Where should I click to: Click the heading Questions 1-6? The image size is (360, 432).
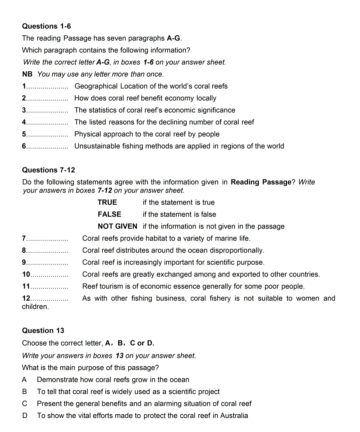coord(46,26)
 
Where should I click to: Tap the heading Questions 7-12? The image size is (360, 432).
coord(48,170)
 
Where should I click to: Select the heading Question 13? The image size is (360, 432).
coord(43,331)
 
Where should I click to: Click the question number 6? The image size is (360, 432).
coord(24,146)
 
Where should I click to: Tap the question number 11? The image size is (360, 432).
coord(26,286)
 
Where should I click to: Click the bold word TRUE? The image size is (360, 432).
coord(107,202)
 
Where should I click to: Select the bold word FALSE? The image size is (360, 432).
coord(109,214)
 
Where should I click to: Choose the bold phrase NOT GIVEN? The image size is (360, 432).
coord(117,227)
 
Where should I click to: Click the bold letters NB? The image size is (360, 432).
coord(27,74)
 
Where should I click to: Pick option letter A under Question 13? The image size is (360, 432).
coord(24,380)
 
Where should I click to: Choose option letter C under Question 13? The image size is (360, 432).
coord(25,404)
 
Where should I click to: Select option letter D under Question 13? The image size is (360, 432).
coord(25,416)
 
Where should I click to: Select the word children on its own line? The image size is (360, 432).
coord(35,307)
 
